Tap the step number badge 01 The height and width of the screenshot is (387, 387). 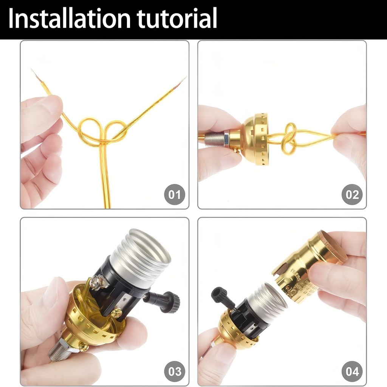175,195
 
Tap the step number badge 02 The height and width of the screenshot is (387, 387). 352,195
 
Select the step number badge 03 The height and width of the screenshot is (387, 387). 175,372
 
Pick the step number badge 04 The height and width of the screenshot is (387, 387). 352,372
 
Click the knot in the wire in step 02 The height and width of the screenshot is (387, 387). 289,138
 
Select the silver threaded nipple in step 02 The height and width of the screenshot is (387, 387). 215,139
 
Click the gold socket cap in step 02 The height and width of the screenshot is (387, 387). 254,139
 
